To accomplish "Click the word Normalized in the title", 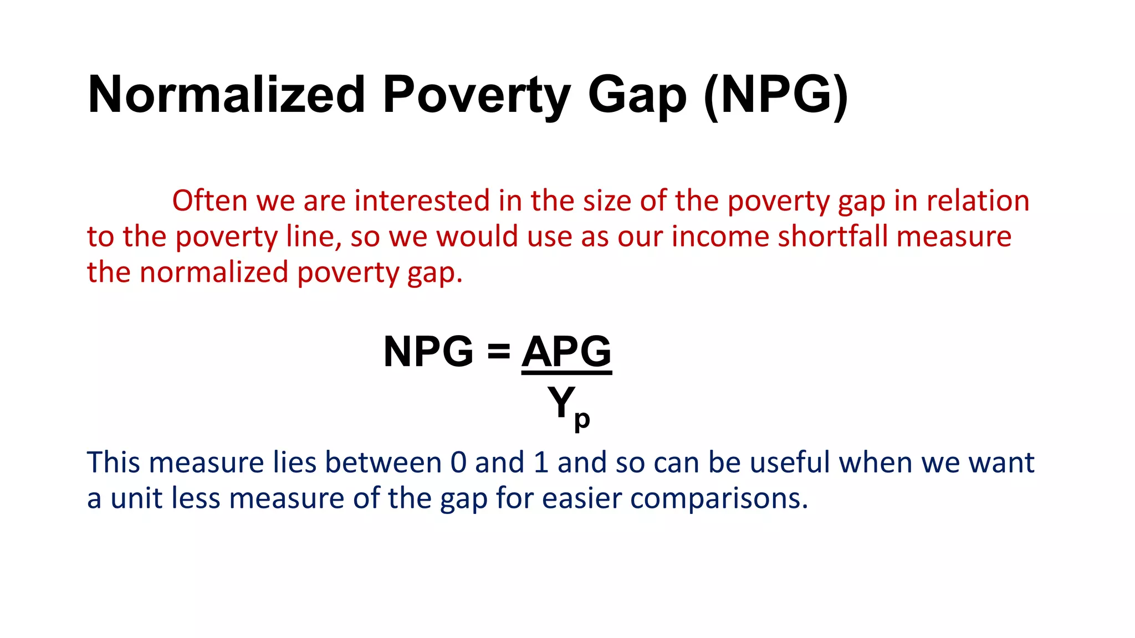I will point(226,95).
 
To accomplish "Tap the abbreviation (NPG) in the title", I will point(776,95).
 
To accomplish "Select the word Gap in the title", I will point(637,95).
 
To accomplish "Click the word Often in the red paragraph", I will point(209,200).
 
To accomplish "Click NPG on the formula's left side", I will point(428,352).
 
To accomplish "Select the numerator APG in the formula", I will point(566,352).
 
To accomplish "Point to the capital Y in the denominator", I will point(561,402).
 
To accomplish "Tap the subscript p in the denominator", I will point(582,420).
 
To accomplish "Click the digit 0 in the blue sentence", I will point(459,462).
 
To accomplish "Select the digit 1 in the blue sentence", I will point(541,462).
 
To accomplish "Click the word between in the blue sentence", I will point(383,462).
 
